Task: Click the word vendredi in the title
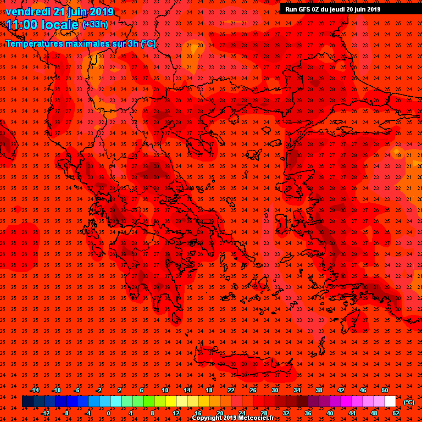coord(28,12)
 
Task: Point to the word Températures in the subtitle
coord(39,43)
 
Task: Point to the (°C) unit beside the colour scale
coord(408,402)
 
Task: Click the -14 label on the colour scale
coord(34,390)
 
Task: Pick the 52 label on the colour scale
coord(396,413)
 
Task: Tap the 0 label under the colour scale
coord(108,413)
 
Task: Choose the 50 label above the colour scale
coord(385,390)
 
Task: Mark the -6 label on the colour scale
coord(77,390)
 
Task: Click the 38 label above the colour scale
coord(319,390)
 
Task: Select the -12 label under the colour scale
coord(45,413)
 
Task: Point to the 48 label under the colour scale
coord(374,413)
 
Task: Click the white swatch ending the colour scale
coord(390,402)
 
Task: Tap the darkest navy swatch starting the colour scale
coord(27,402)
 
